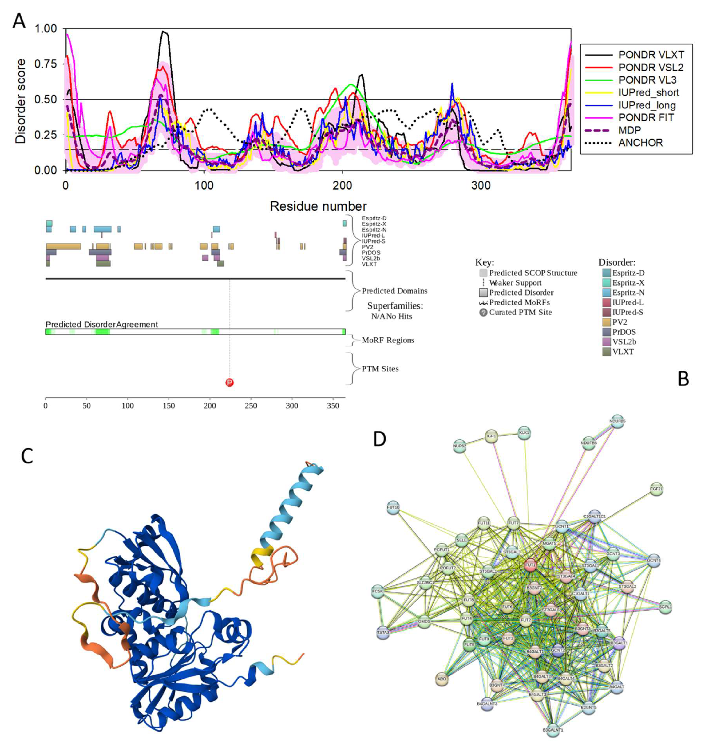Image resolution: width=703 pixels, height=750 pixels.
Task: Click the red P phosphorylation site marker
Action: [x=229, y=383]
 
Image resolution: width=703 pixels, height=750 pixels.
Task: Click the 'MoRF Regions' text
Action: [x=387, y=340]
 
